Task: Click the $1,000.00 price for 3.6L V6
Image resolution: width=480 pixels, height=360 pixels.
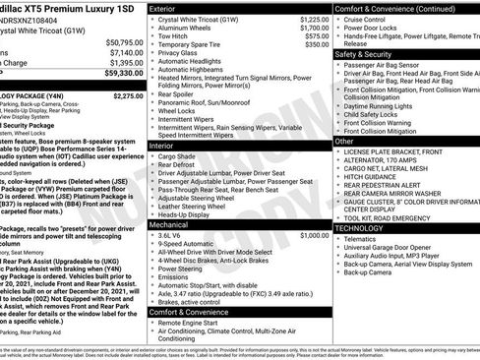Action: [315, 236]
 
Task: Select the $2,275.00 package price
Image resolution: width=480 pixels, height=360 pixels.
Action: [128, 96]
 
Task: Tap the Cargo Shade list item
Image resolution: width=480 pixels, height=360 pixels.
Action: [177, 155]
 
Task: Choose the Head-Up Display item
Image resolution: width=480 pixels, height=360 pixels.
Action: [186, 214]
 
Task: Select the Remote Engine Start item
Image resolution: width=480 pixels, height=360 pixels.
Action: [194, 323]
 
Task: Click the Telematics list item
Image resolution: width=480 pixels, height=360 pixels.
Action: [360, 238]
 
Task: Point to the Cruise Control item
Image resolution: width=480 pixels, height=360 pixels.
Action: [365, 19]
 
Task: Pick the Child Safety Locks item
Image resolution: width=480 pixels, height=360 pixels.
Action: [372, 114]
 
